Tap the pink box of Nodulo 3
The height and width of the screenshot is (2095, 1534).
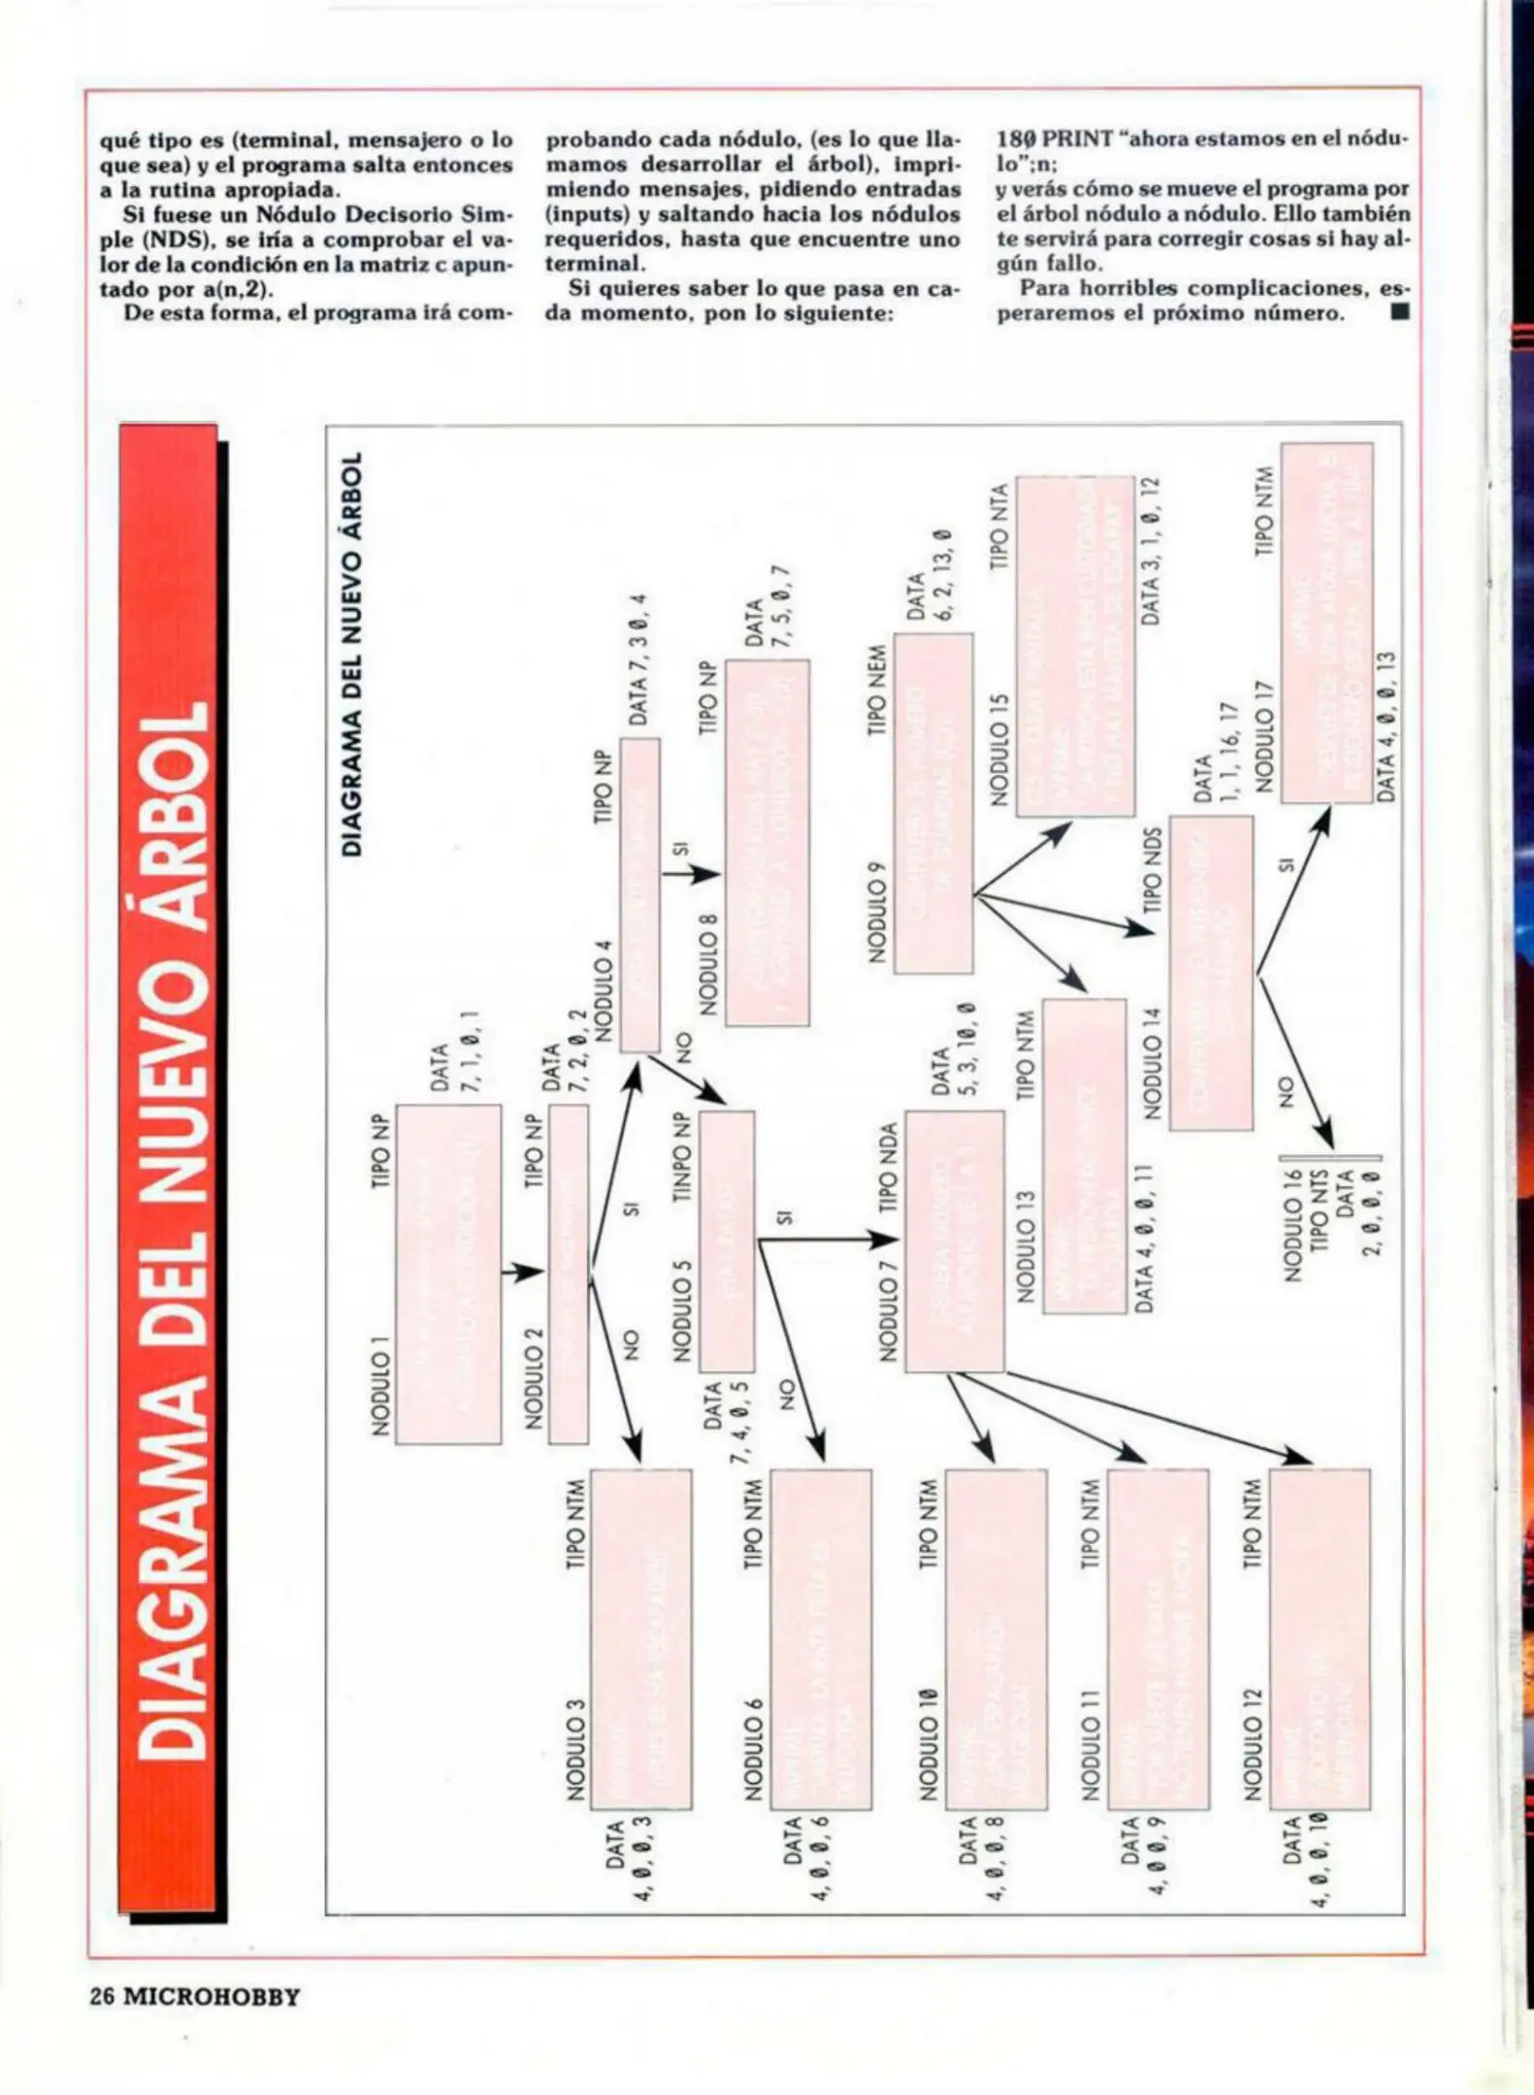tap(640, 1638)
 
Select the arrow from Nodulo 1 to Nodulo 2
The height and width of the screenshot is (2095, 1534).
tap(523, 1273)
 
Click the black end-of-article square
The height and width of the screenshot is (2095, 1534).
tap(1398, 313)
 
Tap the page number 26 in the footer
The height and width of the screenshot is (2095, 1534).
tap(103, 1998)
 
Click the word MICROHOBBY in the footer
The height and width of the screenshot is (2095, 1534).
tap(211, 1998)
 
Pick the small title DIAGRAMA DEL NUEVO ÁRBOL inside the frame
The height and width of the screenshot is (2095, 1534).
tap(353, 653)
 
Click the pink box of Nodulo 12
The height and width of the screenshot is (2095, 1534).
tap(1320, 1638)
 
